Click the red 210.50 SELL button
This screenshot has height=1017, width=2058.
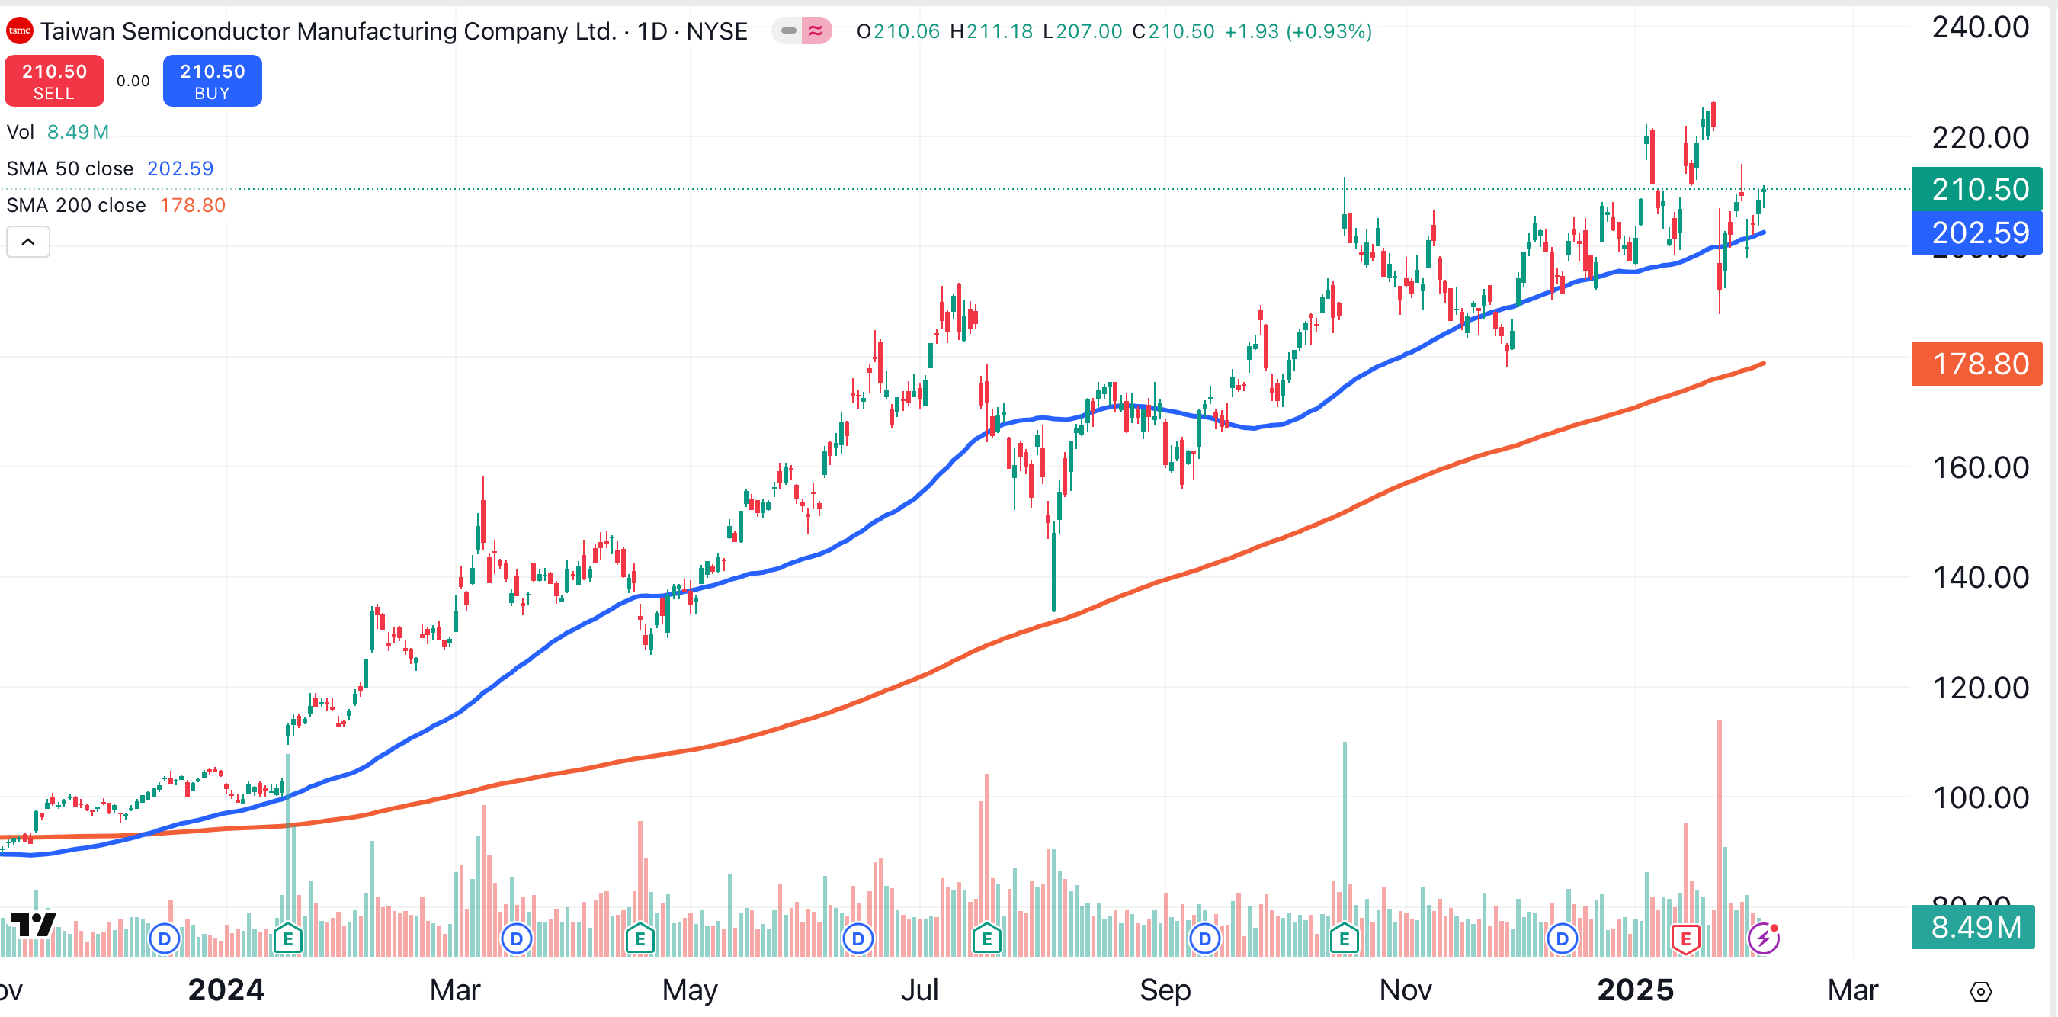pyautogui.click(x=54, y=81)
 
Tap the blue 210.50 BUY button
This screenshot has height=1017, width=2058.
pyautogui.click(x=213, y=81)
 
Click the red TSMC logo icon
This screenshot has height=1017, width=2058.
pyautogui.click(x=19, y=31)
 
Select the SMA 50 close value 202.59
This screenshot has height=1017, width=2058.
pyautogui.click(x=180, y=168)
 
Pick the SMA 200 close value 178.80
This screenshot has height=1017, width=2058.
pyautogui.click(x=193, y=205)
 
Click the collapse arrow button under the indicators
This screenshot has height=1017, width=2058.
pyautogui.click(x=28, y=241)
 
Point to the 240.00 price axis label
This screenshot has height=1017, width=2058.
pyautogui.click(x=1979, y=28)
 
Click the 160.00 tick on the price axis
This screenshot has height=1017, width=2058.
pyautogui.click(x=1979, y=467)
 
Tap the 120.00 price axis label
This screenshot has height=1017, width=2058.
pyautogui.click(x=1979, y=688)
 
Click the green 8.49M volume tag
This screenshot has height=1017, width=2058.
pyautogui.click(x=1973, y=928)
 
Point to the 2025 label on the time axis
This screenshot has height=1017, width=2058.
pyautogui.click(x=1634, y=990)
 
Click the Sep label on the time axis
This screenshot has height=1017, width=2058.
pyautogui.click(x=1165, y=990)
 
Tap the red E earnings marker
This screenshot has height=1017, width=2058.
pyautogui.click(x=1685, y=938)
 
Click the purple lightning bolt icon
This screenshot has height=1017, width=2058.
pyautogui.click(x=1763, y=938)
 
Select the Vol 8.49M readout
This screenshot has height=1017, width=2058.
pyautogui.click(x=57, y=132)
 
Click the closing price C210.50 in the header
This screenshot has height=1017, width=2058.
pyautogui.click(x=1173, y=31)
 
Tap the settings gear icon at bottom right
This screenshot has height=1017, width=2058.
pyautogui.click(x=1980, y=991)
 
